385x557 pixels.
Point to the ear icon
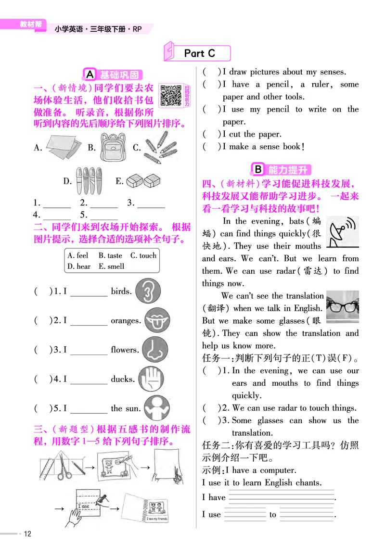[x=148, y=291]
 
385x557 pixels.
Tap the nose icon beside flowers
[x=154, y=349]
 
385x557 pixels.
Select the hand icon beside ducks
[x=150, y=379]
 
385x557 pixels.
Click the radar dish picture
[x=342, y=232]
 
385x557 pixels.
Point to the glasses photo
[x=342, y=306]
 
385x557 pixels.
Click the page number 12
[x=27, y=534]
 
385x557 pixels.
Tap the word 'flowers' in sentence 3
[x=125, y=350]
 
